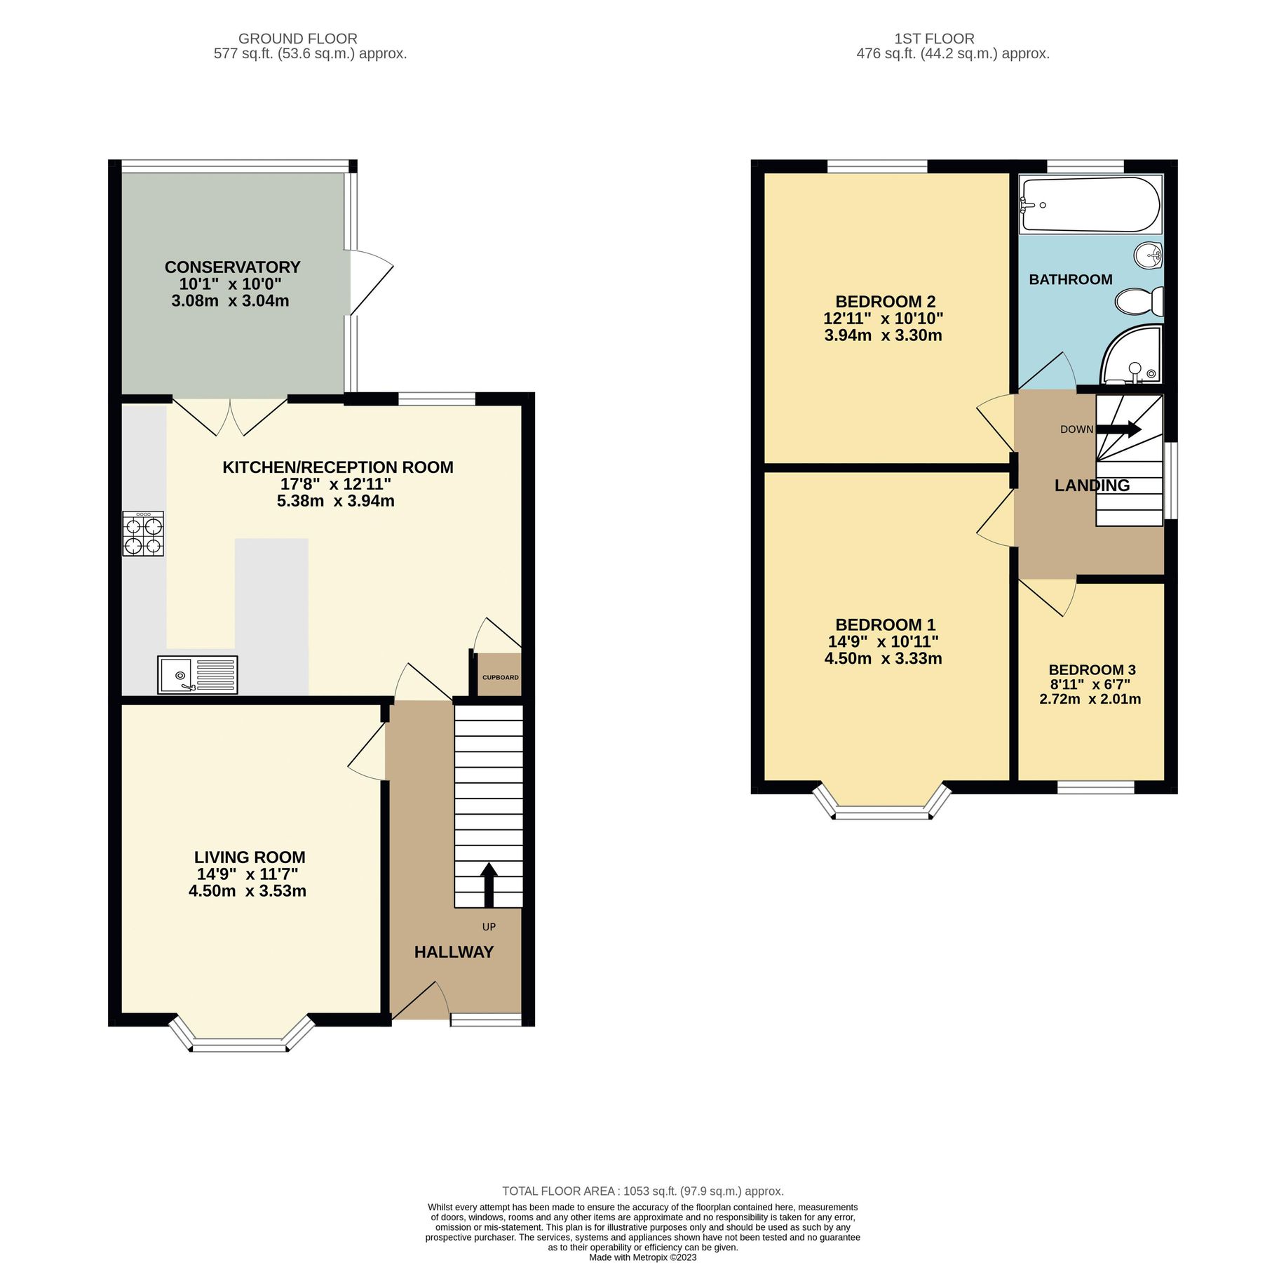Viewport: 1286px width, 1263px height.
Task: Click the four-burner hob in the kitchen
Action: pos(143,534)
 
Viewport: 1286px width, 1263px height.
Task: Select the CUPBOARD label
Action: pos(500,677)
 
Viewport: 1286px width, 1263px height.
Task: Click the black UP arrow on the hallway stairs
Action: pos(489,885)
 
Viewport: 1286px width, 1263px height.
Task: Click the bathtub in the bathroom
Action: pos(1090,204)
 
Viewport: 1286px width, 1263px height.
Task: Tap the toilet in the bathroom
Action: pos(1138,302)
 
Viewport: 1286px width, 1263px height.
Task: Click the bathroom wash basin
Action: pos(1149,255)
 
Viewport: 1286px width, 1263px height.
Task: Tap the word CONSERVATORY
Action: pos(232,267)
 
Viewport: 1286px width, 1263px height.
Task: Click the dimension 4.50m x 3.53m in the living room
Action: pos(248,891)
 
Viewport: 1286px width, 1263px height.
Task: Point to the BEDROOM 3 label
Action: pos(1091,670)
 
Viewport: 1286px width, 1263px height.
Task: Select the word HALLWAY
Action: pos(454,952)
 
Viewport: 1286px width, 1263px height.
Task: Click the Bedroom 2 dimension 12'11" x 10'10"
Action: pos(883,318)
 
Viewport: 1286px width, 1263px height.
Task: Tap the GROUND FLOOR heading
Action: pos(297,39)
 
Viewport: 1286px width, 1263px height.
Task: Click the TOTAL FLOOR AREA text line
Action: pos(642,1191)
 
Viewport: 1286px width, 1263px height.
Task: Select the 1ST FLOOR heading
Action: pos(933,39)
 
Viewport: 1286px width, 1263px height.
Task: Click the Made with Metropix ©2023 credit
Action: pos(642,1257)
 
